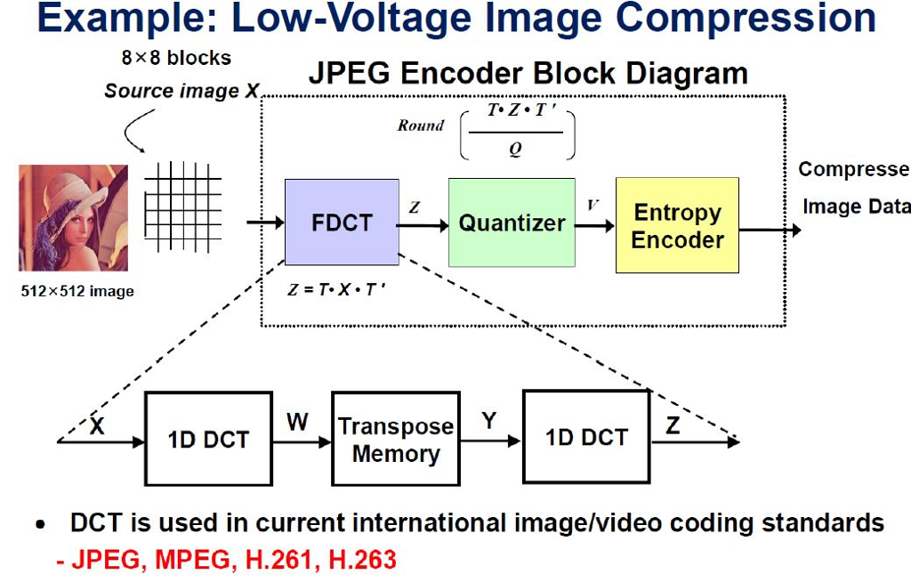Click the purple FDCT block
(x=342, y=222)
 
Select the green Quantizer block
(x=512, y=222)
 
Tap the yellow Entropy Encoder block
(x=677, y=226)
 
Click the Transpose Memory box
(x=395, y=440)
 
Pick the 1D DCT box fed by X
(x=209, y=439)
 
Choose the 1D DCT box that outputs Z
(x=585, y=437)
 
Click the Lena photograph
(x=73, y=218)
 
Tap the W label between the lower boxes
(x=297, y=423)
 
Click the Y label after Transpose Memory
(x=489, y=421)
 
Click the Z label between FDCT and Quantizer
(x=415, y=207)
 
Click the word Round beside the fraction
(x=420, y=125)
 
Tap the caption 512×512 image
(x=77, y=291)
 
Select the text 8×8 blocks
(x=176, y=59)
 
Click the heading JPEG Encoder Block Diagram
(x=528, y=73)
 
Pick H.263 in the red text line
(x=362, y=561)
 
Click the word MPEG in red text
(x=189, y=561)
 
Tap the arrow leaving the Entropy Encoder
(x=770, y=230)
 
